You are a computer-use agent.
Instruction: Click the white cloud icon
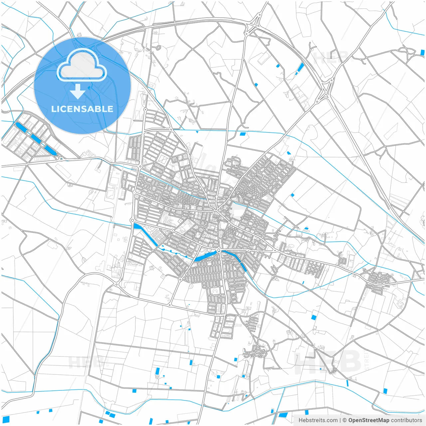coord(82,65)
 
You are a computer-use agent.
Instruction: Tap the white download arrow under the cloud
coord(78,92)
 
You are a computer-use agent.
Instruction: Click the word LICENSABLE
coord(82,109)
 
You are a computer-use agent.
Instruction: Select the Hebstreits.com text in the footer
coord(318,420)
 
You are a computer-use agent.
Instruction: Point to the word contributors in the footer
coord(406,420)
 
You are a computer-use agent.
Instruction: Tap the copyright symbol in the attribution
coord(345,420)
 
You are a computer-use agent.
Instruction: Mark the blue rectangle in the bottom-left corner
coord(6,419)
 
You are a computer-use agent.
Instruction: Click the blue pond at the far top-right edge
coord(422,53)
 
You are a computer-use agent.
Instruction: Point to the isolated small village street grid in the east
coord(379,283)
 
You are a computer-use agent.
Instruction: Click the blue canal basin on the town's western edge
coord(145,234)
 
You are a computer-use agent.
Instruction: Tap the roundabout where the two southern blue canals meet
coord(219,250)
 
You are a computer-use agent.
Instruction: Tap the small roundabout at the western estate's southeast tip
coord(61,159)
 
